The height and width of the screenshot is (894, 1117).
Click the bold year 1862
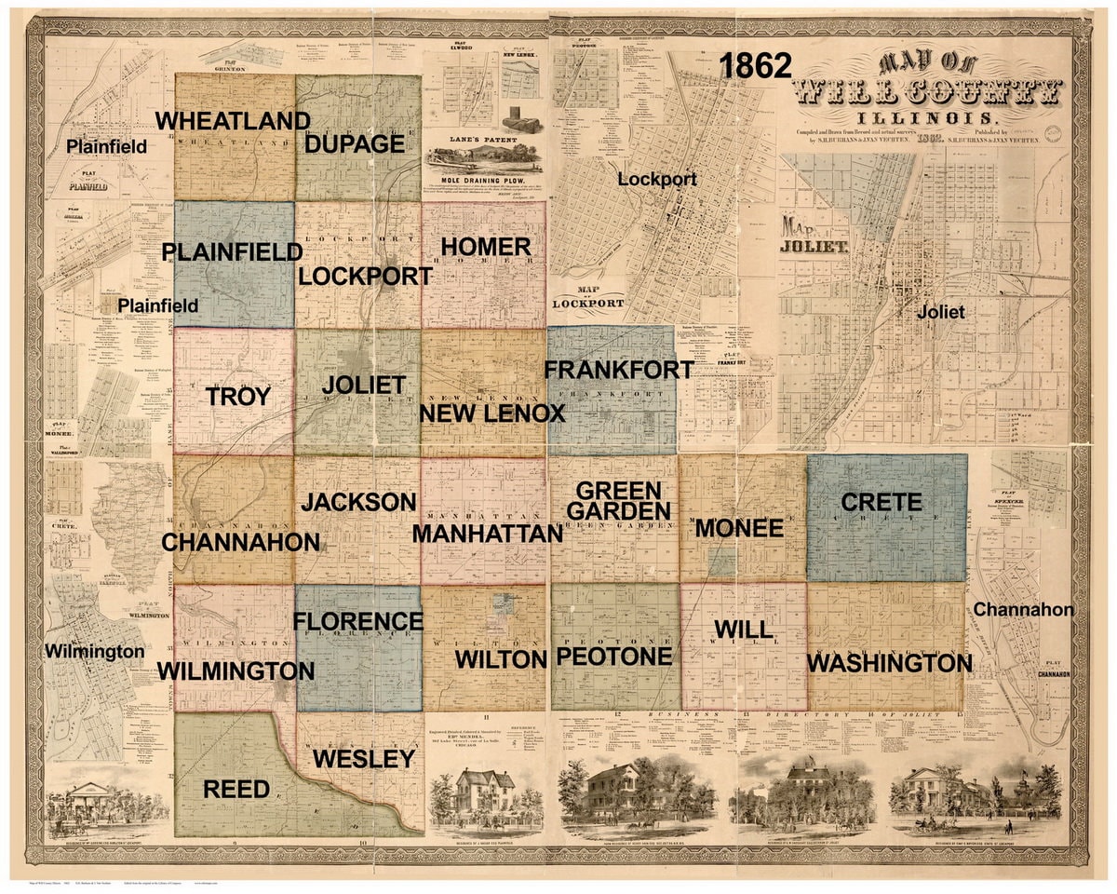point(755,66)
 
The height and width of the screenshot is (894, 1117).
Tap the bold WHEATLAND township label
point(233,121)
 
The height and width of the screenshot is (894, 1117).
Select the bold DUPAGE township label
point(355,144)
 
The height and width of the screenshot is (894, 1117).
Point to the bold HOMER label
point(485,247)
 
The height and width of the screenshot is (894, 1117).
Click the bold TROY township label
point(238,397)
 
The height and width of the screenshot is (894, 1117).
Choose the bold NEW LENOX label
point(492,413)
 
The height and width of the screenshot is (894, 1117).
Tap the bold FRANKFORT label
point(618,370)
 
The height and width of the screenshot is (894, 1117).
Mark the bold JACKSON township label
point(358,502)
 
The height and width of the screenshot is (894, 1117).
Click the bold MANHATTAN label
point(488,534)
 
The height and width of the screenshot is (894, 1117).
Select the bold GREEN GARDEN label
point(619,501)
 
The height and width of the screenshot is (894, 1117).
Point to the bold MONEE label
point(739,528)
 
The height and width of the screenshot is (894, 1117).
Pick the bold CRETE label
point(881,503)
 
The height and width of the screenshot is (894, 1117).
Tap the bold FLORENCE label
point(358,621)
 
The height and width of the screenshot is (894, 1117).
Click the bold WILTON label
point(500,659)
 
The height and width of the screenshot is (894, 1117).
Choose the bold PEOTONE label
point(613,657)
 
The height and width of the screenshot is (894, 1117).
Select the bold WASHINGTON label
point(889,664)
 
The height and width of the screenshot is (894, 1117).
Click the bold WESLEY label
point(363,758)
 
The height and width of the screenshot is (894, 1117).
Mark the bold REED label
point(236,790)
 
